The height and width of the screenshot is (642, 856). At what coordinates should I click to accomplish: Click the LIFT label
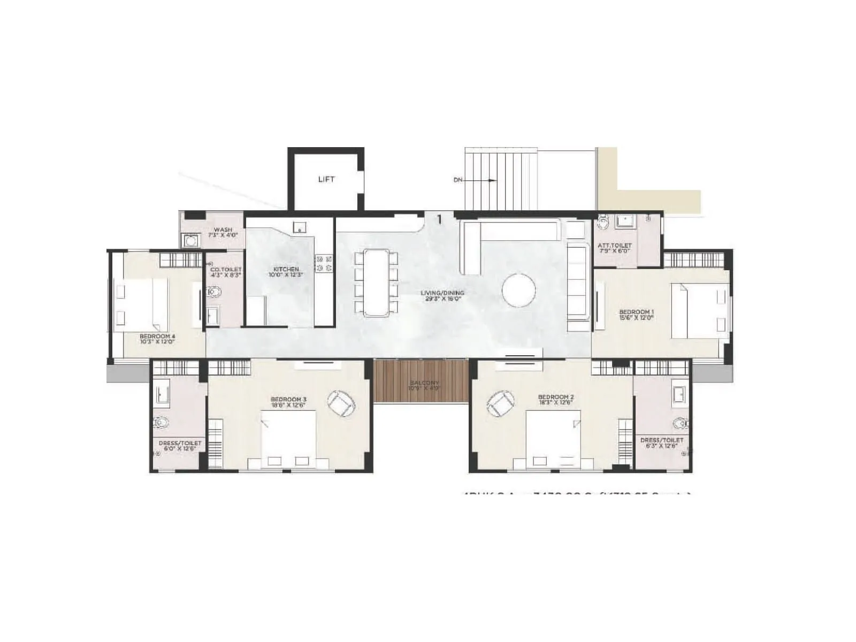tap(326, 179)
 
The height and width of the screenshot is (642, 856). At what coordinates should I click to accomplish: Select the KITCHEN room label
tap(286, 269)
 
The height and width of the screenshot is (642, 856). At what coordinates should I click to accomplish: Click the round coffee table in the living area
tap(518, 290)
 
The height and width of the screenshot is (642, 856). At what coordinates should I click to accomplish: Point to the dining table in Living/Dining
tap(376, 282)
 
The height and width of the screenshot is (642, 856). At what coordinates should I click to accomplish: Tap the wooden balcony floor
tap(421, 381)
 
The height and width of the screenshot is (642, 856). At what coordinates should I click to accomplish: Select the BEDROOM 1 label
tap(636, 312)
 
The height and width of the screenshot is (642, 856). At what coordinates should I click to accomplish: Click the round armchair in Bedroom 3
tap(340, 403)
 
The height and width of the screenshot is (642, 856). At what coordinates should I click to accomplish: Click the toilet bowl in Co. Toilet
tap(214, 292)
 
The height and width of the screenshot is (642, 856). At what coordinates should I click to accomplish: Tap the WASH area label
tap(223, 230)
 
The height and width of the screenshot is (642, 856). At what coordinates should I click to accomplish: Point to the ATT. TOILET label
tap(614, 246)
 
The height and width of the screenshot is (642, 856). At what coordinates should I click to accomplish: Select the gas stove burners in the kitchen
tap(324, 263)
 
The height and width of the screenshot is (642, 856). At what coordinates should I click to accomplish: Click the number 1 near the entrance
tap(439, 219)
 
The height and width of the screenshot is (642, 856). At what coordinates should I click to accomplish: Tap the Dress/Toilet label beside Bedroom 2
tap(662, 440)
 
